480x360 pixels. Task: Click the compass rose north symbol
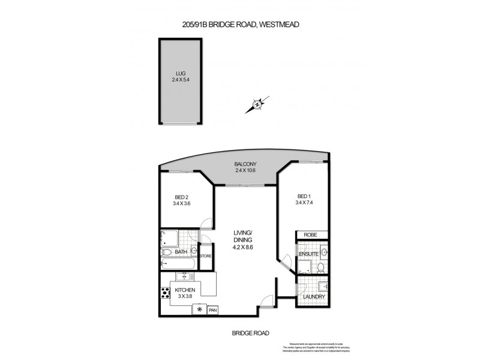(x=257, y=105)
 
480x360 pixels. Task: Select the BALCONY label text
(x=245, y=165)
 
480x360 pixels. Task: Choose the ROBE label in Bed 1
(x=310, y=235)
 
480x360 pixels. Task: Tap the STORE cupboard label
(x=206, y=257)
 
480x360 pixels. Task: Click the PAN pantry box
(x=212, y=310)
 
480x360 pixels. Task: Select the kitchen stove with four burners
(x=164, y=295)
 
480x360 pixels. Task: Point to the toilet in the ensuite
(x=321, y=268)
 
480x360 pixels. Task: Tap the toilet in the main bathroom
(x=194, y=250)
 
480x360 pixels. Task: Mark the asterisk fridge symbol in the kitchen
(x=198, y=310)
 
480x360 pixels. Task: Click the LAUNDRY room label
(x=314, y=297)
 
